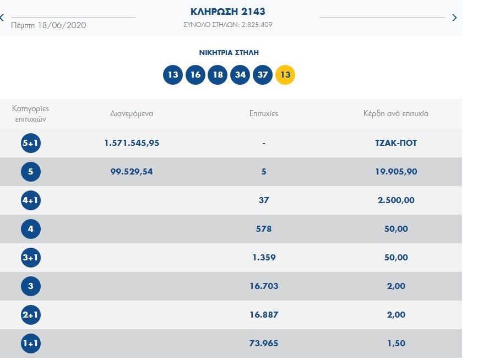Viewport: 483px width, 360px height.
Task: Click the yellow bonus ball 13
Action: click(x=285, y=74)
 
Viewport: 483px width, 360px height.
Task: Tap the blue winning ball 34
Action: click(x=240, y=74)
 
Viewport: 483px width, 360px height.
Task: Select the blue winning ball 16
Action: click(x=195, y=74)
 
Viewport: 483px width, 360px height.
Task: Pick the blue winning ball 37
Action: click(x=263, y=74)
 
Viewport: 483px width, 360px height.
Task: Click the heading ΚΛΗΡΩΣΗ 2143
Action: click(x=227, y=12)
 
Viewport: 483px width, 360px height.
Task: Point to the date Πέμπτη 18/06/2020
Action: click(x=48, y=25)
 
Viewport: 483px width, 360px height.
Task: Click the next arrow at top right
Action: click(x=454, y=18)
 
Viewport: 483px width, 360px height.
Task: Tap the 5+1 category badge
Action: click(x=30, y=143)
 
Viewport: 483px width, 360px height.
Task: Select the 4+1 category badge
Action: click(x=30, y=200)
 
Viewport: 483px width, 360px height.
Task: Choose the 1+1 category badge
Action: click(x=30, y=343)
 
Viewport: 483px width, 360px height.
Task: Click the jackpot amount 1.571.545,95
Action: click(x=132, y=143)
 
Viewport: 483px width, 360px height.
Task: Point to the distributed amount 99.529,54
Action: click(x=132, y=172)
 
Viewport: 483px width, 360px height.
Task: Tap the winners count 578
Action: click(x=264, y=229)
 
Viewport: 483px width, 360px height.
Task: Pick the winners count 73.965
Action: click(x=264, y=343)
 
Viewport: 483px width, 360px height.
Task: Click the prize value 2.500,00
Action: click(x=395, y=200)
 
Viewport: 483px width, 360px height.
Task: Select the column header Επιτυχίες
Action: click(x=264, y=114)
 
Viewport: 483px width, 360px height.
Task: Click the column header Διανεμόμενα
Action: click(x=132, y=114)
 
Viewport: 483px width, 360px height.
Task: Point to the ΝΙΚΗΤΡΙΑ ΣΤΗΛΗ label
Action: click(x=229, y=53)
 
